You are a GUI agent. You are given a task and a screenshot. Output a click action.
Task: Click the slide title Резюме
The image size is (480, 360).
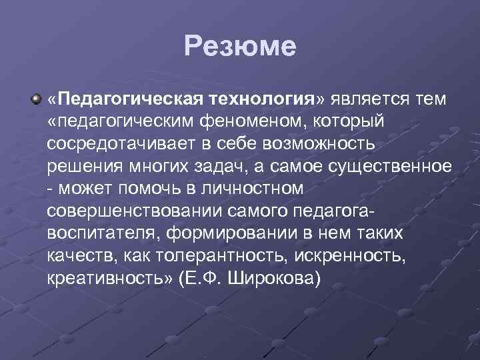(240, 47)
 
